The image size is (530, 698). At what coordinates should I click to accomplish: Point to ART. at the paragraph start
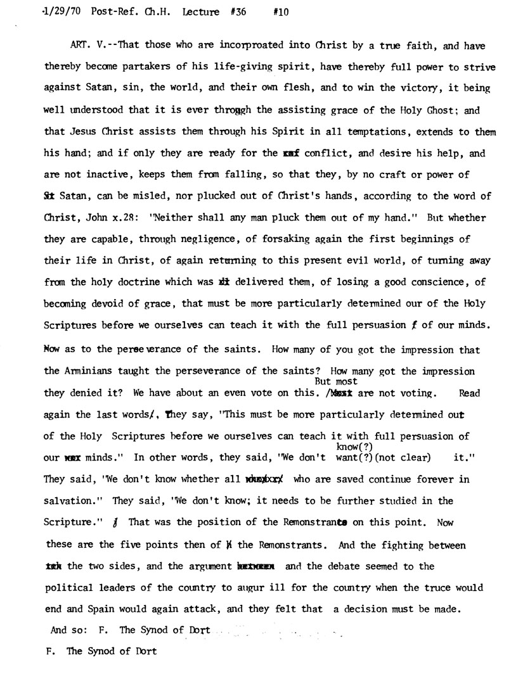82,45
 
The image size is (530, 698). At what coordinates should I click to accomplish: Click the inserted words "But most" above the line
336,381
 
